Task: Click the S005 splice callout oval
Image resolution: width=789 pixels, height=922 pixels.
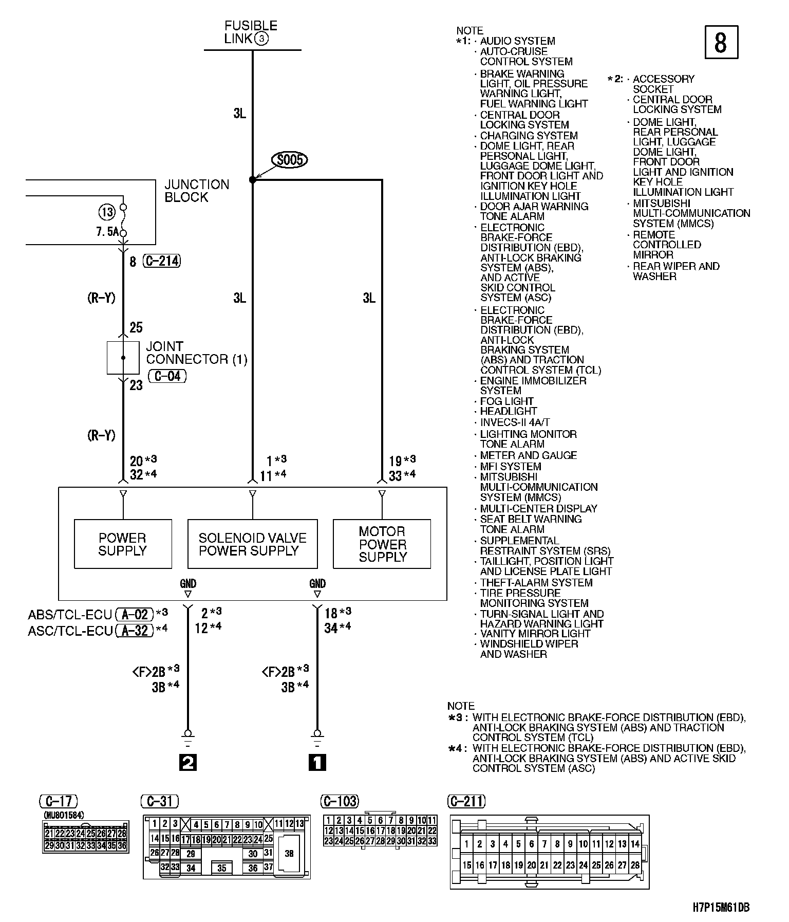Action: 290,160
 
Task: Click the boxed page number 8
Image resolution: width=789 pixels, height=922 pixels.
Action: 721,42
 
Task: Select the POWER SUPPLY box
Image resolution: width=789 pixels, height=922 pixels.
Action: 123,544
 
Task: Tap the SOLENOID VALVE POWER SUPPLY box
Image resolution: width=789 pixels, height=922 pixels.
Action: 252,544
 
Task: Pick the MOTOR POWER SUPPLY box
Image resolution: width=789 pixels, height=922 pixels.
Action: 382,544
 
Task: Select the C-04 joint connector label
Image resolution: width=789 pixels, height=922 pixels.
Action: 167,376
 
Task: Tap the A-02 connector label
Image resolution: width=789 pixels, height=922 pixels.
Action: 135,615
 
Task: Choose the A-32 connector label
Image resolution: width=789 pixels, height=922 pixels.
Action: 135,631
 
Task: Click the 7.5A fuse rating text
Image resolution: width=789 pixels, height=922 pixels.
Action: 107,232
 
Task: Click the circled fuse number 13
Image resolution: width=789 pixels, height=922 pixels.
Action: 106,212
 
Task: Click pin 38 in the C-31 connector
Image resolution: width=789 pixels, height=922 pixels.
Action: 289,853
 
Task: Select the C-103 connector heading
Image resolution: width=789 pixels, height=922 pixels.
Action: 340,801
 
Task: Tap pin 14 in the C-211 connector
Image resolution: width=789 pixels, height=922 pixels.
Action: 635,843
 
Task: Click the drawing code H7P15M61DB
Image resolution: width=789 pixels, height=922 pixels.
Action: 721,908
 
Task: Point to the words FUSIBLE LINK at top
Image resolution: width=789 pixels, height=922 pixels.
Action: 251,32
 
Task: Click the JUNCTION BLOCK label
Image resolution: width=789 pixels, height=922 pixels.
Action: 197,191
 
